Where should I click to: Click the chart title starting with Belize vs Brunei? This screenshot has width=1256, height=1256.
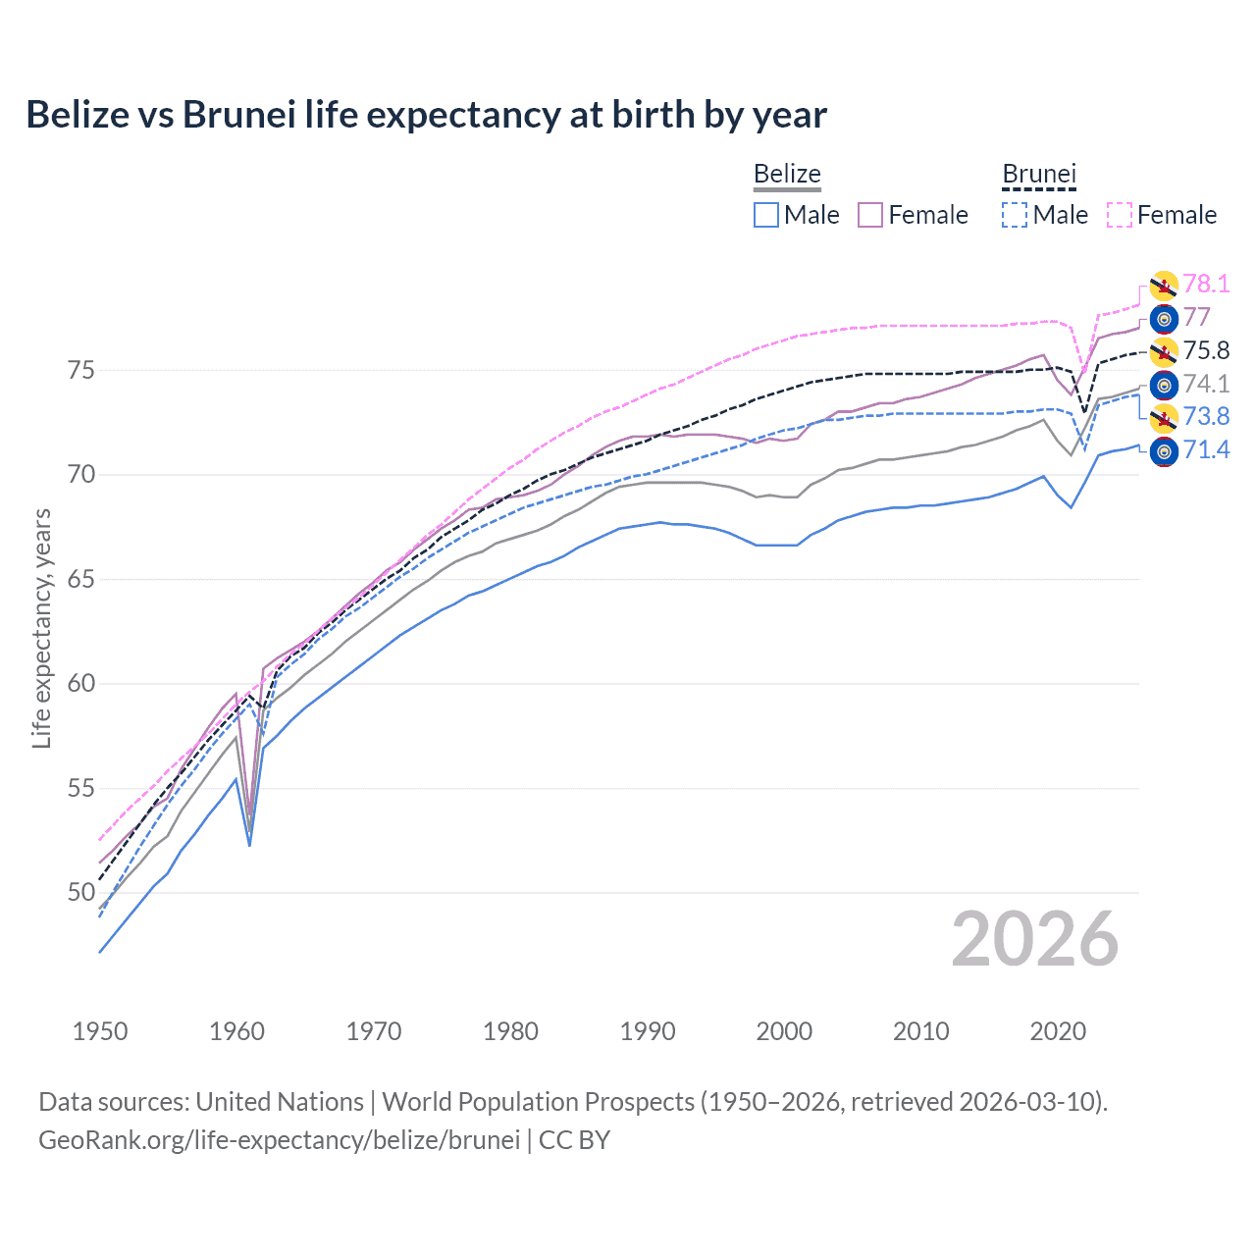point(426,115)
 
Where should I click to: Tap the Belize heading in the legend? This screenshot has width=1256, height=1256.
point(787,175)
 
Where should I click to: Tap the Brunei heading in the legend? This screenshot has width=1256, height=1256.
point(1039,175)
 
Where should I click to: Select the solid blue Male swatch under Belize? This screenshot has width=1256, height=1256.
point(766,215)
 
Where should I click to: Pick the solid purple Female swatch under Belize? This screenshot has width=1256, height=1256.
point(871,215)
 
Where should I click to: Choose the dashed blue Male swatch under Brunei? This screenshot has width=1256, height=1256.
point(1015,215)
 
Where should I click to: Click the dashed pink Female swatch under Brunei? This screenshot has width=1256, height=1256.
point(1120,215)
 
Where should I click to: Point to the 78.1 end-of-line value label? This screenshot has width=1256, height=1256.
point(1206,285)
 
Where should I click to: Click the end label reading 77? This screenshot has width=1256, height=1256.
point(1196,318)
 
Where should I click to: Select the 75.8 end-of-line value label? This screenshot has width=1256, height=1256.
point(1206,351)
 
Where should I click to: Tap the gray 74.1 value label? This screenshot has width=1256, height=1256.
point(1206,385)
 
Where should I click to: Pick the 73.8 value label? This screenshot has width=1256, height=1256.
point(1206,417)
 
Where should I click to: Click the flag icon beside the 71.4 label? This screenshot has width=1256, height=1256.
point(1164,451)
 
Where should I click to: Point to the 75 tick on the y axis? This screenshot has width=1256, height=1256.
point(81,371)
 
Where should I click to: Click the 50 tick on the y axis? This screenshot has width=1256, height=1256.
point(81,893)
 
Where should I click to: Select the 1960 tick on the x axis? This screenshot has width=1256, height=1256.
point(237,1031)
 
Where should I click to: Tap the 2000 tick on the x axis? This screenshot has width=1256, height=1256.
point(784,1031)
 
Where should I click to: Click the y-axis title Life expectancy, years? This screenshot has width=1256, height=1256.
point(41,628)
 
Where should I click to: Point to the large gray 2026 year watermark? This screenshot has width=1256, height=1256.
point(1034,939)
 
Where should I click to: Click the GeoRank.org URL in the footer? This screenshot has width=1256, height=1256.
point(279,1140)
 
